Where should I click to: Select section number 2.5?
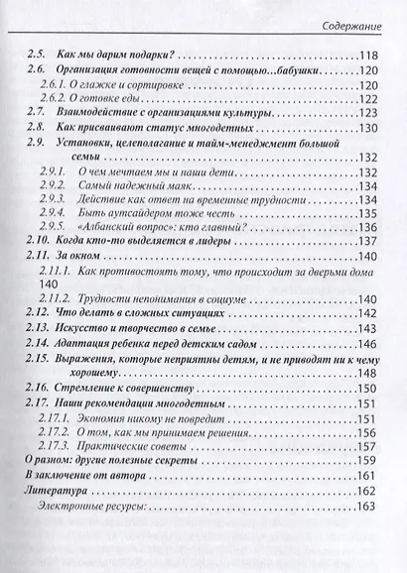[37, 55]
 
